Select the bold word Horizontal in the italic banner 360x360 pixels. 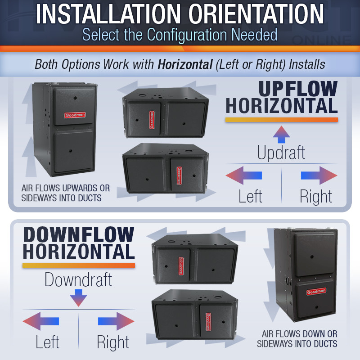pyautogui.click(x=185, y=64)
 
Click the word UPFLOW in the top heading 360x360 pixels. pyautogui.click(x=298, y=89)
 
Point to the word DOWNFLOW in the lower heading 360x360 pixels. pyautogui.click(x=79, y=234)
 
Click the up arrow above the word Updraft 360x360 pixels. pyautogui.click(x=281, y=135)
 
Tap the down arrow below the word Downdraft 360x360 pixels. pyautogui.click(x=78, y=298)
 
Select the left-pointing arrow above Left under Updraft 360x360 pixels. pyautogui.click(x=244, y=175)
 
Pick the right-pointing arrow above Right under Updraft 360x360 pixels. pyautogui.click(x=319, y=175)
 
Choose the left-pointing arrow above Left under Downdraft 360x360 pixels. pyautogui.click(x=41, y=321)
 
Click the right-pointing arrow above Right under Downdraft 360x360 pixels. pyautogui.click(x=116, y=321)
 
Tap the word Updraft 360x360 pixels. pyautogui.click(x=281, y=153)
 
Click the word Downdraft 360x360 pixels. pyautogui.click(x=78, y=279)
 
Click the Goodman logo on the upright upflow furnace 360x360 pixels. pyautogui.click(x=75, y=115)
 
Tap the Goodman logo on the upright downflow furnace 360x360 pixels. pyautogui.click(x=316, y=292)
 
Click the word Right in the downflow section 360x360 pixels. pyautogui.click(x=113, y=342)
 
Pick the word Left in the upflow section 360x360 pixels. pyautogui.click(x=250, y=197)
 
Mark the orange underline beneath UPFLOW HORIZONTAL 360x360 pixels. pyautogui.click(x=282, y=120)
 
